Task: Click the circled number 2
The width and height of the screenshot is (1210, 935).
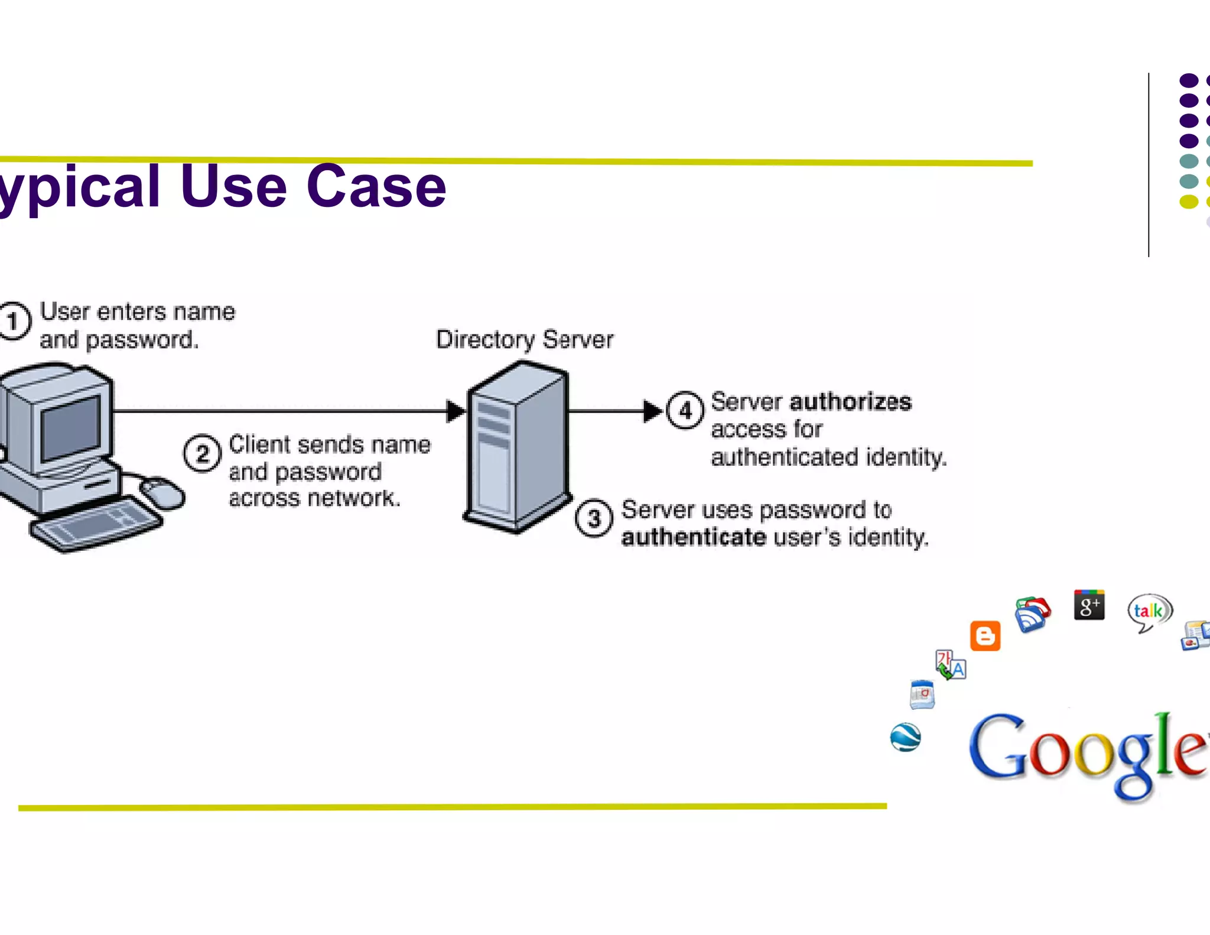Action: (203, 453)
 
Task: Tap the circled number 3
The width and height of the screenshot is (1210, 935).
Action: (594, 518)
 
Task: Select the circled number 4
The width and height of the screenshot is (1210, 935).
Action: (685, 410)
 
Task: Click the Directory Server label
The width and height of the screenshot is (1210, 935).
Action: (524, 339)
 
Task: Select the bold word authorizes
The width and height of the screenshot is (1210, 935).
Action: (850, 402)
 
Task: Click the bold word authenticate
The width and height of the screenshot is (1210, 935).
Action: (694, 537)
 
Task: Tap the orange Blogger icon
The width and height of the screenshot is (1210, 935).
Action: (985, 636)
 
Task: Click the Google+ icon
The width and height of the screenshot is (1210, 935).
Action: (1089, 605)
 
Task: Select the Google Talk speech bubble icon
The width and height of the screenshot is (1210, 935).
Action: (1149, 611)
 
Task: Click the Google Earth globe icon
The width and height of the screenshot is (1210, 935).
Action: (905, 737)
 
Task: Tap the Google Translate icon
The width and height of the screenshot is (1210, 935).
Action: (950, 665)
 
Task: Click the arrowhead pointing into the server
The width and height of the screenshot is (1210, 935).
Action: (456, 411)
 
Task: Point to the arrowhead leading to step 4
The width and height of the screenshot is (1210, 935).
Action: (652, 411)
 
